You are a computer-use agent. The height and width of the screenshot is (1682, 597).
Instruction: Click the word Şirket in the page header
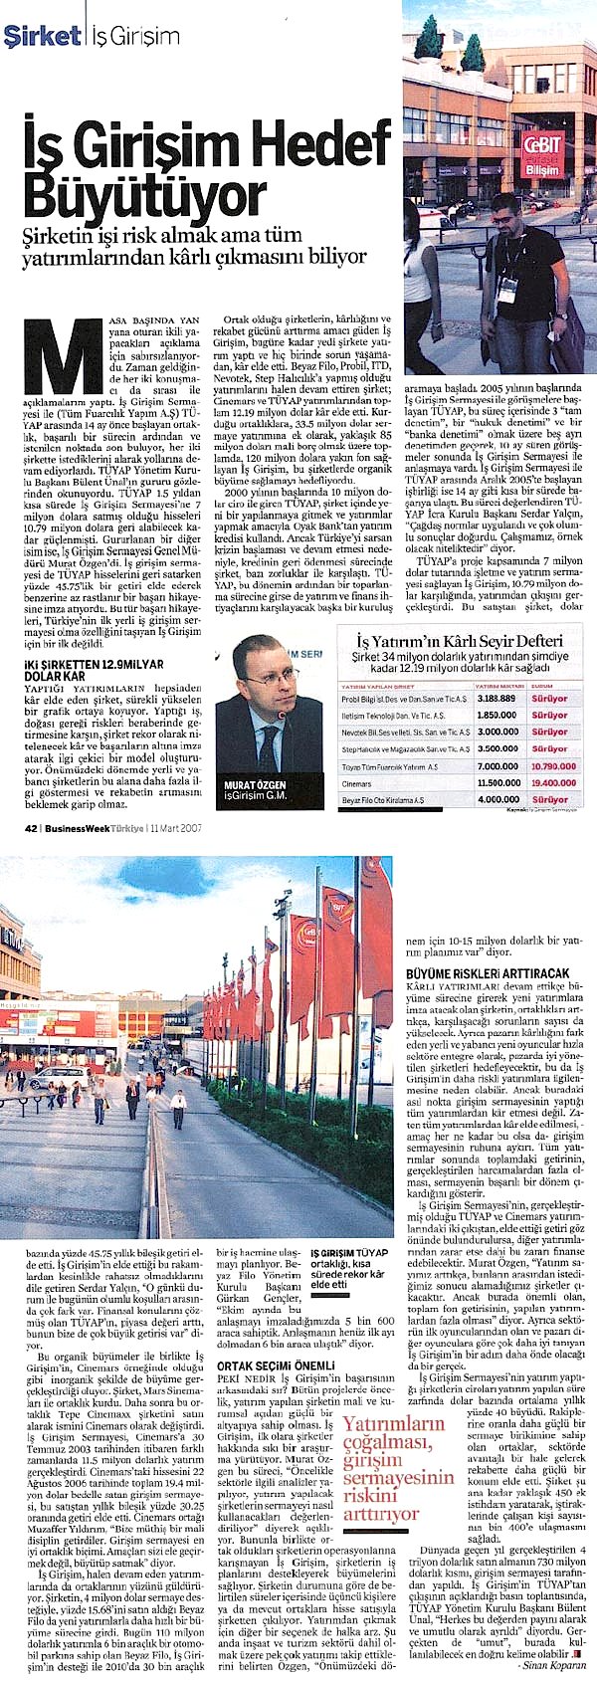[x=42, y=37]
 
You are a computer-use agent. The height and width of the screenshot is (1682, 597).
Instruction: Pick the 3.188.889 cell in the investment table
[x=497, y=699]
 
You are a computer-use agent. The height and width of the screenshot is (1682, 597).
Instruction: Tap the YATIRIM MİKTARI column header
[x=497, y=686]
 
